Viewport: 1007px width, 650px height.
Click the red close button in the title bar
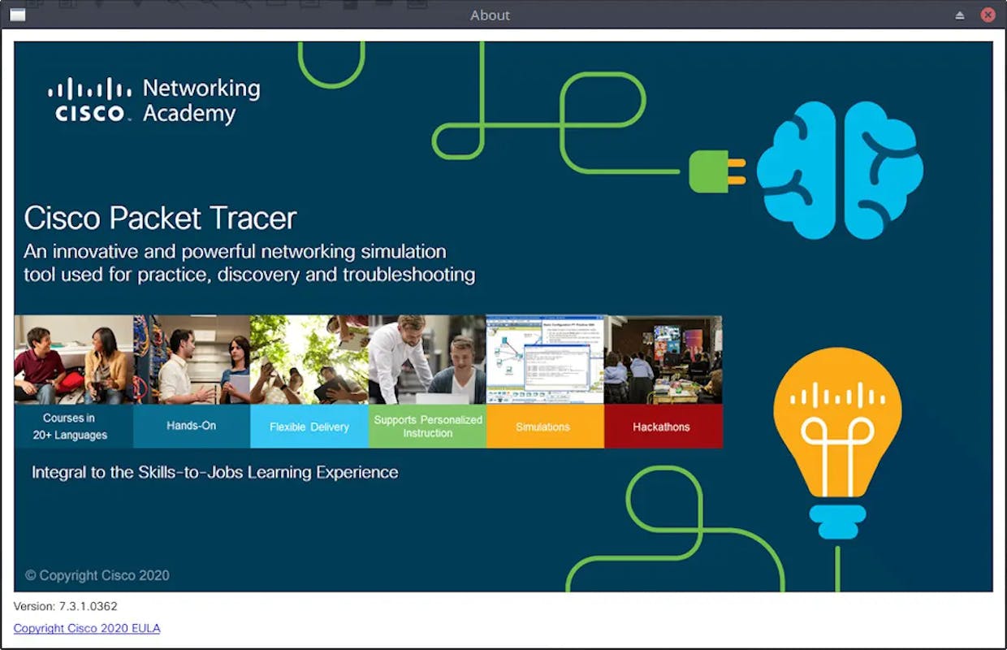tap(988, 15)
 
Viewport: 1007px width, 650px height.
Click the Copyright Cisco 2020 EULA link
tap(87, 628)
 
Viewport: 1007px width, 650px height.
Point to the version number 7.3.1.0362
tap(88, 606)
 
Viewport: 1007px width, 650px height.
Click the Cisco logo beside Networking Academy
tap(90, 100)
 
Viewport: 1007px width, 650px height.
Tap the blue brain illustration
tap(840, 170)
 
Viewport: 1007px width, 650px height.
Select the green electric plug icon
tap(718, 171)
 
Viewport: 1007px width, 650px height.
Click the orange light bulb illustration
tap(837, 443)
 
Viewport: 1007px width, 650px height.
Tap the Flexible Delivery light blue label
tap(309, 426)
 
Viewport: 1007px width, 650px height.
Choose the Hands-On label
tap(192, 426)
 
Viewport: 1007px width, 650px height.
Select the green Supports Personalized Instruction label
tap(427, 426)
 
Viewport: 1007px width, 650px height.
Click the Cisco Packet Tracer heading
tap(161, 219)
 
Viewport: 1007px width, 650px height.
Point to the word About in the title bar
tap(490, 15)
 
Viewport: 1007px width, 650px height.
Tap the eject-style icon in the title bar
tap(959, 15)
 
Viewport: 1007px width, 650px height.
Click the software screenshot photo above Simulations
tap(545, 359)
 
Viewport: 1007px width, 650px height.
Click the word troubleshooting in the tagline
tap(409, 275)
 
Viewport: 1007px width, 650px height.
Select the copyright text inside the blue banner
tap(97, 575)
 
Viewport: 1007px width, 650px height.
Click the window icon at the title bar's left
tap(18, 15)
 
